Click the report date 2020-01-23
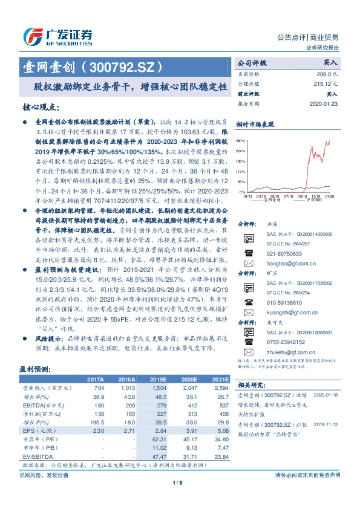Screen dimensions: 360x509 326,103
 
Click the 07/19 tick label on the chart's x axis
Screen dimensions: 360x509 289,196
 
